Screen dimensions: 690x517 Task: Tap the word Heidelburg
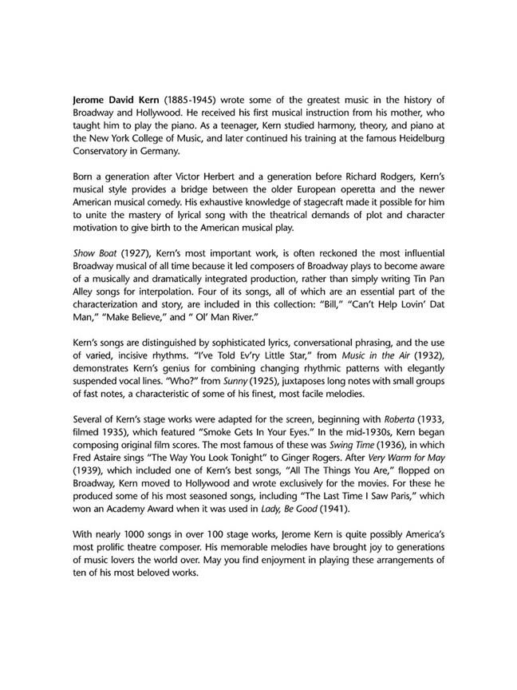tap(414, 138)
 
